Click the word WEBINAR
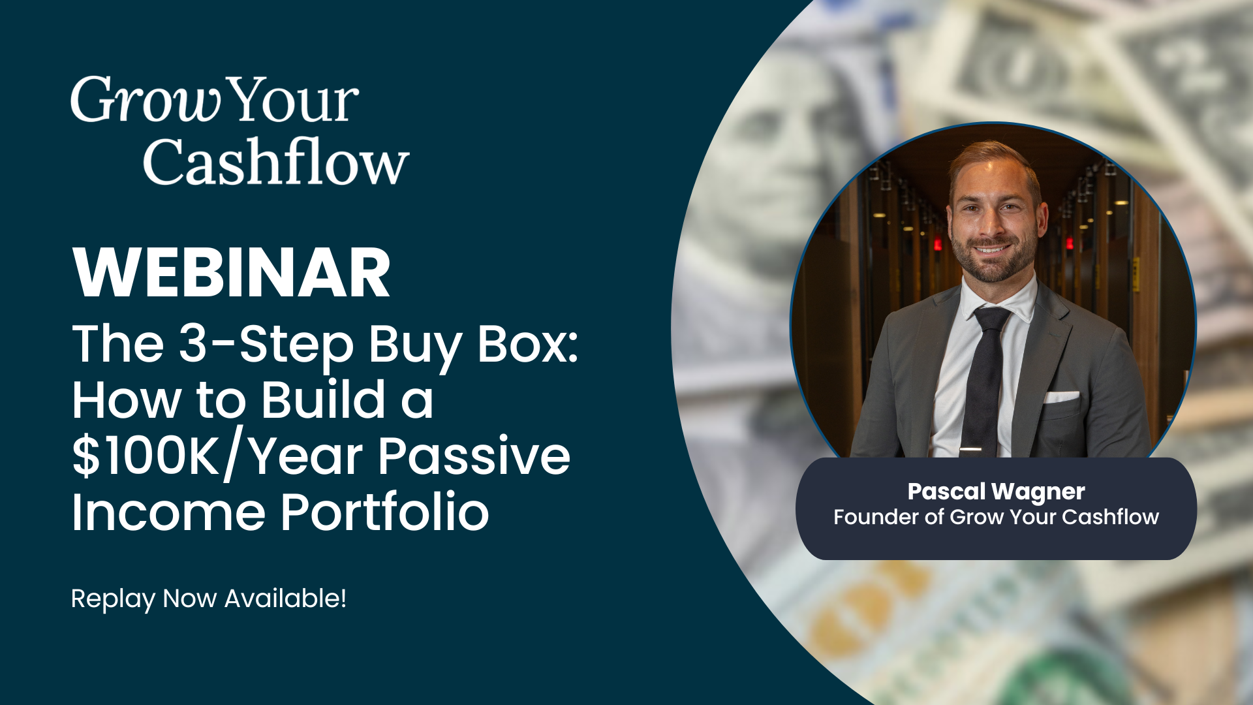point(232,273)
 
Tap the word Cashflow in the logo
point(276,161)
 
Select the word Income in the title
point(168,512)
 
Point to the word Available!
point(285,598)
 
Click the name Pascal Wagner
point(996,492)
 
